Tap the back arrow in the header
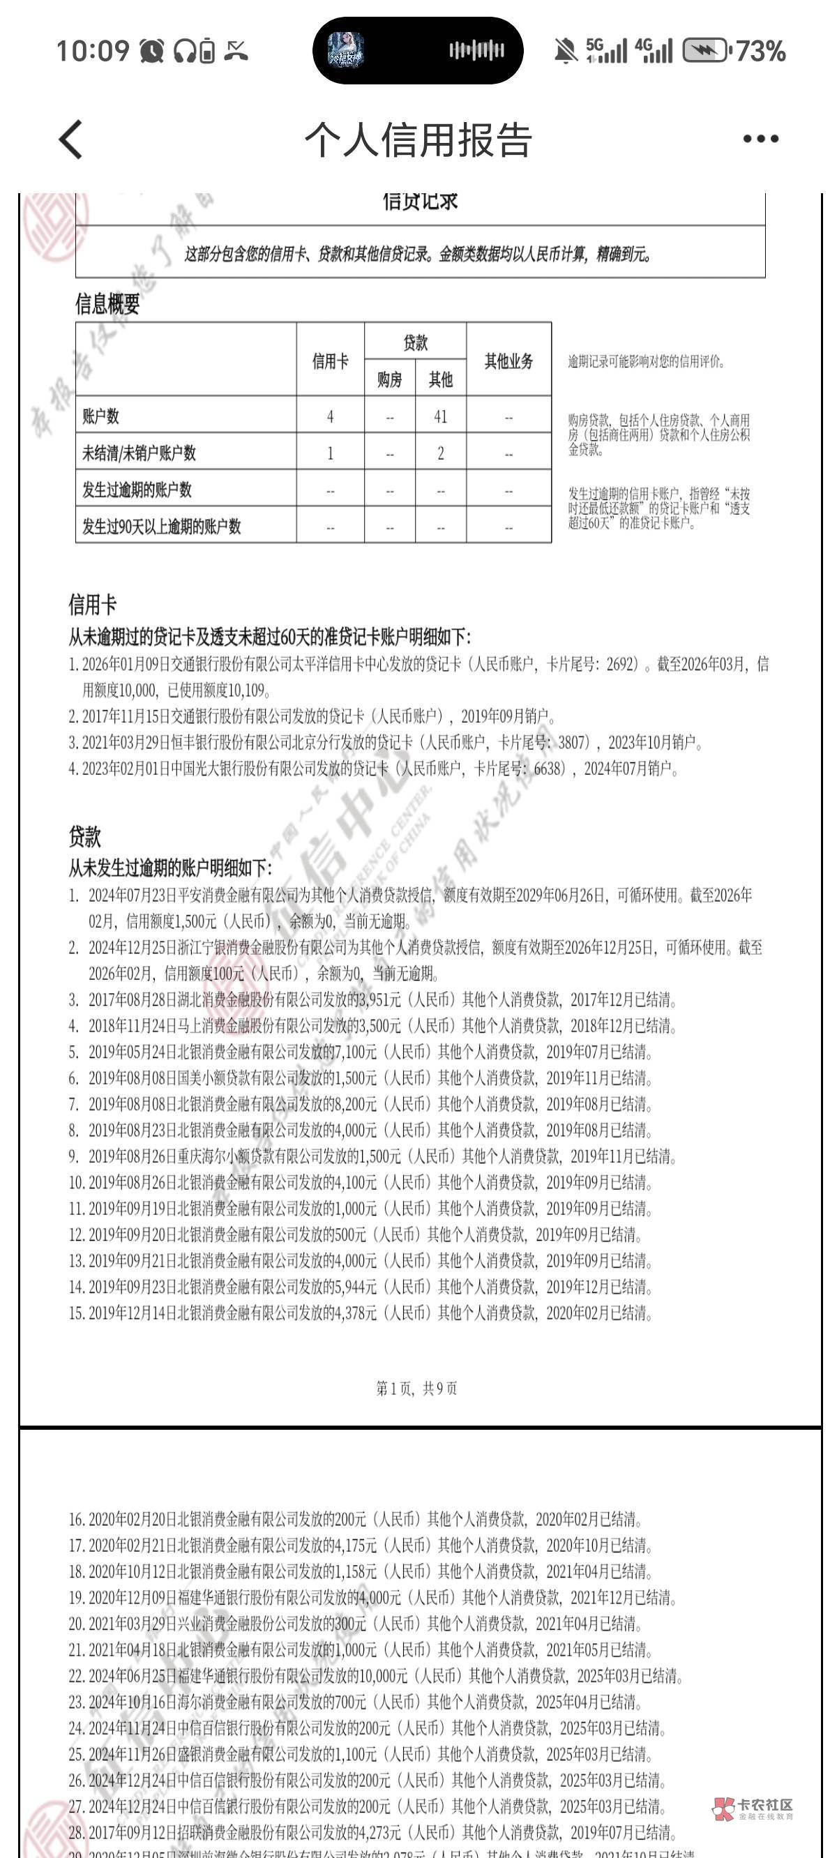(x=70, y=139)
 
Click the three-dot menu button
(x=760, y=139)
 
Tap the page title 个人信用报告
(x=418, y=139)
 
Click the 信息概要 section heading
(x=107, y=304)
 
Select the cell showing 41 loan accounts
(x=440, y=416)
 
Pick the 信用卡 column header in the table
(x=330, y=361)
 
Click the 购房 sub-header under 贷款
(x=390, y=379)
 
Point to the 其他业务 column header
(x=508, y=361)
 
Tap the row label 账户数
(x=101, y=416)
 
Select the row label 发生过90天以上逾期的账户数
(x=162, y=527)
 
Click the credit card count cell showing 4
(x=330, y=416)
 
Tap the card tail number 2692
(x=621, y=664)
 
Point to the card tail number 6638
(x=546, y=769)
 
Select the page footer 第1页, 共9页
(x=417, y=1389)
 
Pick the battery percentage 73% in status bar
(x=760, y=51)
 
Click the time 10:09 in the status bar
(x=92, y=51)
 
